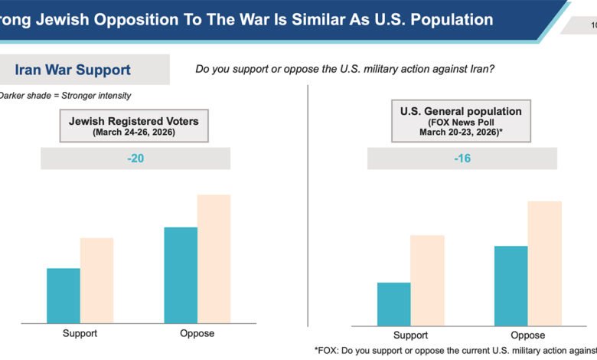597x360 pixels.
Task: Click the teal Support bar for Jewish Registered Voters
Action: pos(64,296)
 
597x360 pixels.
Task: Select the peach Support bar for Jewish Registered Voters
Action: pos(96,280)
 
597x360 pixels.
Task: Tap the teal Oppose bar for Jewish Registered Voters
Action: pos(181,275)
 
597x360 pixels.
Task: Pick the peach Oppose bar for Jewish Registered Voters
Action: pos(214,259)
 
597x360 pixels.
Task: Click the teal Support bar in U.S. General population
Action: pos(393,304)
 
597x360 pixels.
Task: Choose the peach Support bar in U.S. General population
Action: pos(427,280)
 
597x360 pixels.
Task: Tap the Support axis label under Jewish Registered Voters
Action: pos(80,334)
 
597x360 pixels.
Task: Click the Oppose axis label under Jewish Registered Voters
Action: pos(197,334)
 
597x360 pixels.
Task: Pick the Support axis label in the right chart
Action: pos(410,335)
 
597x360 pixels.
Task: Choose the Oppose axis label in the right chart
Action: pos(527,335)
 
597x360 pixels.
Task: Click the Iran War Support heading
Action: pos(73,70)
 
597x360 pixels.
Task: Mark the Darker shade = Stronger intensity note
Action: pos(65,96)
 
